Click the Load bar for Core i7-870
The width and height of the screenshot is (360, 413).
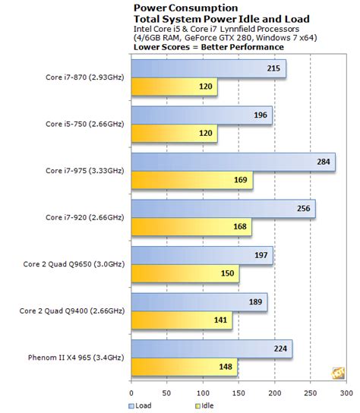(x=208, y=70)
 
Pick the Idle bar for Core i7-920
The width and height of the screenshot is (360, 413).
(x=191, y=227)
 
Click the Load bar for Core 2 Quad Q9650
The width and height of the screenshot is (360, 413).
(x=202, y=256)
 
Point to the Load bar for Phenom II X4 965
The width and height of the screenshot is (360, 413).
(x=212, y=349)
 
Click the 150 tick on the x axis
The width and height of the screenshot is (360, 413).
(x=239, y=393)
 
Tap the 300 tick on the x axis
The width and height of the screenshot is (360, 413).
(x=346, y=393)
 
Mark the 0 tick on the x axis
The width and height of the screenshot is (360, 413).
(x=132, y=393)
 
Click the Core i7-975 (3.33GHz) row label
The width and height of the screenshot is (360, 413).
(x=84, y=171)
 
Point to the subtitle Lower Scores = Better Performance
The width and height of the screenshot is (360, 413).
(x=209, y=46)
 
